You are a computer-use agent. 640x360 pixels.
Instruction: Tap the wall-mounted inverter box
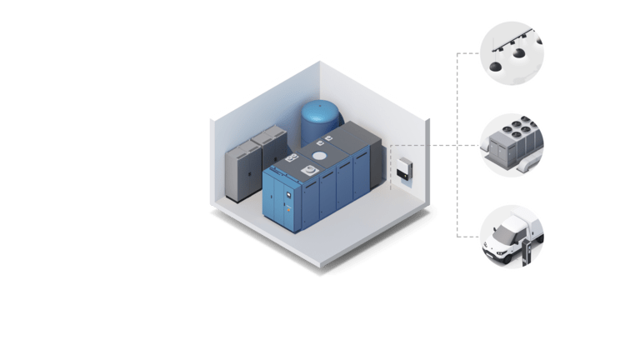point(403,169)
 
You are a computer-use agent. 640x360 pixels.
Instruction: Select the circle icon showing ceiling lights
point(512,52)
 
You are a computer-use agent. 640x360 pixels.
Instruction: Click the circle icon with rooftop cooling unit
point(512,145)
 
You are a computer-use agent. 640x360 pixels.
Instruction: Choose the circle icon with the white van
point(512,237)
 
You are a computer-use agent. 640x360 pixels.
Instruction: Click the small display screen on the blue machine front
point(287,197)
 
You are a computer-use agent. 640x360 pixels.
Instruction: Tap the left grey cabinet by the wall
point(242,171)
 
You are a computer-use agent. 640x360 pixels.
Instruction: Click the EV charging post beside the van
point(526,251)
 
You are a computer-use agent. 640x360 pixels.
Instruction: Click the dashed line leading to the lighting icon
point(468,52)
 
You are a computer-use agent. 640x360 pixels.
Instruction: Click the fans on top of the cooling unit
point(512,133)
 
